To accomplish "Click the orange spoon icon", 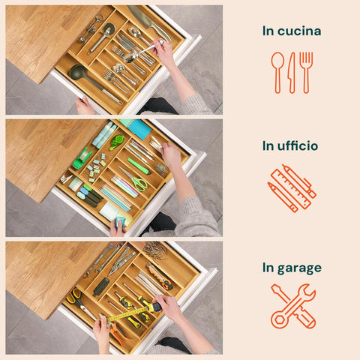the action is tap(277, 73).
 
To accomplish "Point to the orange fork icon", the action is tap(306, 73).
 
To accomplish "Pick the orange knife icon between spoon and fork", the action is tap(292, 73).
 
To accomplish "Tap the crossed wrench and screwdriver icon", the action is tap(293, 306).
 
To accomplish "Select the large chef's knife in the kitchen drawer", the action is tap(149, 23).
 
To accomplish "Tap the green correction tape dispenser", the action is tap(117, 142).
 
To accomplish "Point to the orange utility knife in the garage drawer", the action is tap(160, 277).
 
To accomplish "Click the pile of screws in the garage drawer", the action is tap(155, 250).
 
